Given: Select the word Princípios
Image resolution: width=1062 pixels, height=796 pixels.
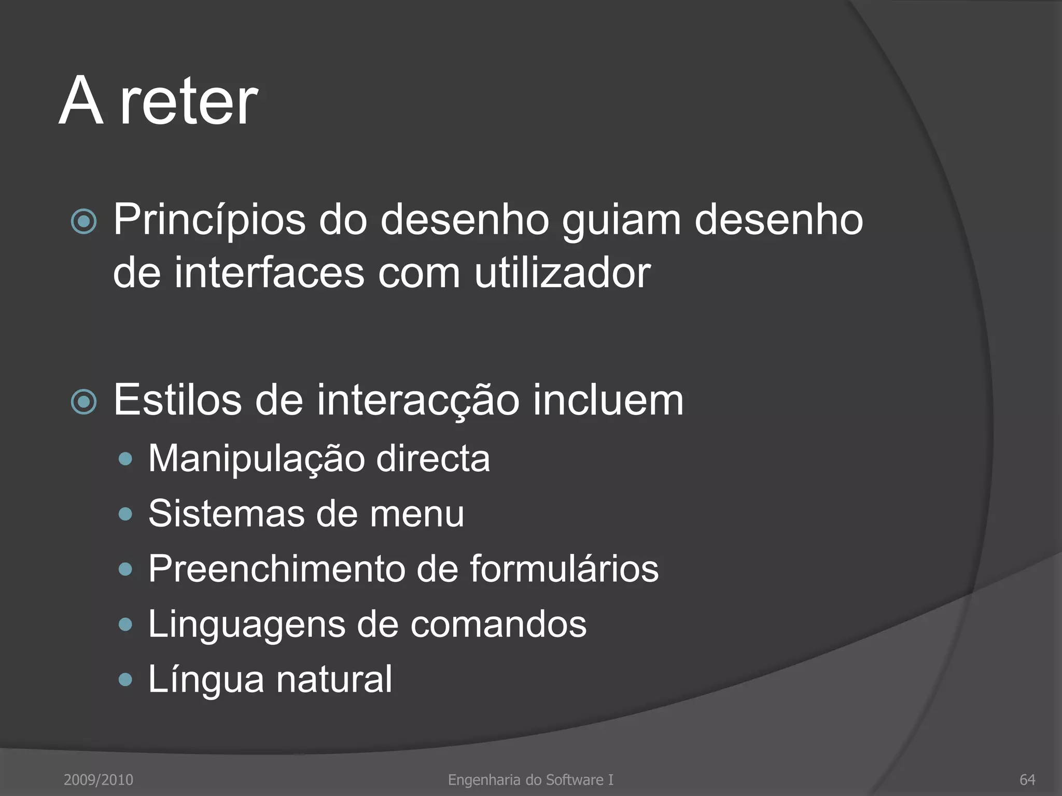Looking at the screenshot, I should coord(209,221).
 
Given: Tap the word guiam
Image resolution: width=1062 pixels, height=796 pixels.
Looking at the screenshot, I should coord(621,221).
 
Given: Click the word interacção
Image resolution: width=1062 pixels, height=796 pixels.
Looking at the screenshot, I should coord(418,400).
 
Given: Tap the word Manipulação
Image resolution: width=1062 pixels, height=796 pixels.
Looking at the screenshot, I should coord(257,459).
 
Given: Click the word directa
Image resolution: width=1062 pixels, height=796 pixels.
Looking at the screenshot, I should coord(432,459).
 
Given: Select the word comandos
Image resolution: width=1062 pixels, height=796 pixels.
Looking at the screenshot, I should coord(498,624).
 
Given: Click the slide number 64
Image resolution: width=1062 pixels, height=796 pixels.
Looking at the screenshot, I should coord(1027,779).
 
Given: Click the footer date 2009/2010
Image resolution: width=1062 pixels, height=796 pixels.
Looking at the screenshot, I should coord(99,779).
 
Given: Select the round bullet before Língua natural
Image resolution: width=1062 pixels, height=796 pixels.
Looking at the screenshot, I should coord(125,679).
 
